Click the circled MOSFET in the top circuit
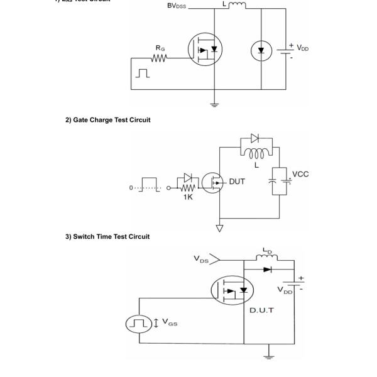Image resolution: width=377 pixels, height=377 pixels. click(x=206, y=50)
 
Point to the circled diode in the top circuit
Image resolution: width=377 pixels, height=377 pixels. click(x=261, y=50)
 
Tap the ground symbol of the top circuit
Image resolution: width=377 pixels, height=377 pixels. click(x=215, y=105)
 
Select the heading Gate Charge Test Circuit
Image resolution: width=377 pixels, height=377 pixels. click(x=107, y=120)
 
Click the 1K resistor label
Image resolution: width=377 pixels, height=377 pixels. click(x=188, y=197)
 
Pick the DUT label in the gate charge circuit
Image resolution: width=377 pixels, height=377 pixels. click(x=238, y=182)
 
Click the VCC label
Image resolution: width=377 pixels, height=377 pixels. click(x=300, y=174)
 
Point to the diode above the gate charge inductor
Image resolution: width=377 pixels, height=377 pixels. click(x=254, y=138)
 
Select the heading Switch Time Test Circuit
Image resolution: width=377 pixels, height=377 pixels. click(x=107, y=236)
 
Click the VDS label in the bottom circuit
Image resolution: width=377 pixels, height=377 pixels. click(x=202, y=258)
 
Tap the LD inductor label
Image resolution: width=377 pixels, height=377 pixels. click(x=270, y=251)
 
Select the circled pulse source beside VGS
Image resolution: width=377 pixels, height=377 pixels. click(x=139, y=324)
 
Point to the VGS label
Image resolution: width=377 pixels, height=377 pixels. click(x=169, y=322)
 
